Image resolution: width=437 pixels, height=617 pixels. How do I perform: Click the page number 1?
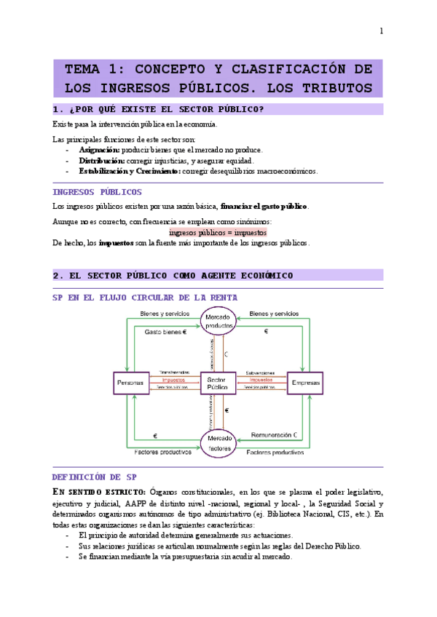[380, 31]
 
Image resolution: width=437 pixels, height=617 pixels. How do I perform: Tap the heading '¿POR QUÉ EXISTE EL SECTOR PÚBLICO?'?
[164, 110]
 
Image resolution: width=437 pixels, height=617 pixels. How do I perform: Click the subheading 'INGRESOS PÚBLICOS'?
[97, 192]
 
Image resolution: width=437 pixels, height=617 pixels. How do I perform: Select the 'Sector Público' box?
[217, 383]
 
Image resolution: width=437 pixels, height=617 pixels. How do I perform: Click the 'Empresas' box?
[304, 383]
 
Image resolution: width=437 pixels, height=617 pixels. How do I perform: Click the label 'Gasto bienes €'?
[165, 331]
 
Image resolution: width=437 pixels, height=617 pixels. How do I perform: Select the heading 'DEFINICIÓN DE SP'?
[95, 477]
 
